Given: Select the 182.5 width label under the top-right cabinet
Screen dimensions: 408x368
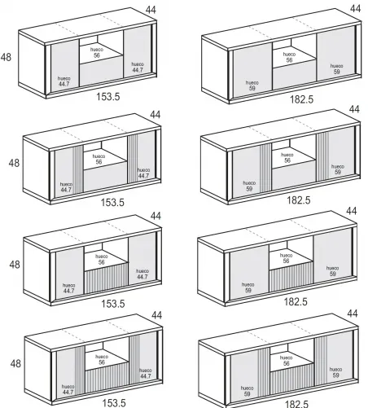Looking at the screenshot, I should coord(300,99).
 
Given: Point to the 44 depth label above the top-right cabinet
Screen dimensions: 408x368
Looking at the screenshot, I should coord(354,8).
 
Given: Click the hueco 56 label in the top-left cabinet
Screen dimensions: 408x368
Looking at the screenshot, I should coord(97,51).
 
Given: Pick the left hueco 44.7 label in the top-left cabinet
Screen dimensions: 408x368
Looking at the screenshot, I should coord(64,81).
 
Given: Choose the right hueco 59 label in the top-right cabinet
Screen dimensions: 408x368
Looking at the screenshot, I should coord(336,68).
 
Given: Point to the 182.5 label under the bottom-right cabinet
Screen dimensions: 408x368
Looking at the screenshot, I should coord(299,403).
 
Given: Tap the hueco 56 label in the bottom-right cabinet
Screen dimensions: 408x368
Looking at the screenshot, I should coord(287,359).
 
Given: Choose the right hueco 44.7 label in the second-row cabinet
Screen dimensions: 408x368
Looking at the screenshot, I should coord(143,173).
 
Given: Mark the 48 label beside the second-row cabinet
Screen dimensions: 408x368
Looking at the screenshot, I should coord(14,163).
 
